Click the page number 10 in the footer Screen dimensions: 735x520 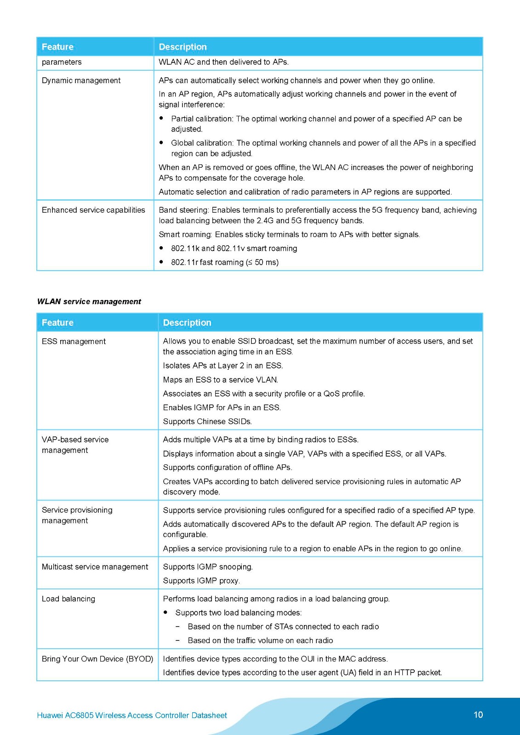click(x=478, y=715)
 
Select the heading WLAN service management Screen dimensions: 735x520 click(x=89, y=302)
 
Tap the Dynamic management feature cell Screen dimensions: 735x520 click(x=81, y=80)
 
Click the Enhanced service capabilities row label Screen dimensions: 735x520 click(x=93, y=210)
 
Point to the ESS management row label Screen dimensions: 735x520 click(x=74, y=341)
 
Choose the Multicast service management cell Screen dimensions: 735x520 click(x=95, y=567)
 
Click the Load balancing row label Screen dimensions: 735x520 click(x=69, y=599)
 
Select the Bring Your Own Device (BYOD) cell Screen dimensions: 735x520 click(x=97, y=659)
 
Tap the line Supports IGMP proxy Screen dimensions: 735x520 click(x=201, y=581)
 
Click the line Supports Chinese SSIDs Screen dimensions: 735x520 click(x=207, y=421)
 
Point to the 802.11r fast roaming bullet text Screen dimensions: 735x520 click(x=225, y=262)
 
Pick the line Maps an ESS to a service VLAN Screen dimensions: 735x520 click(x=221, y=380)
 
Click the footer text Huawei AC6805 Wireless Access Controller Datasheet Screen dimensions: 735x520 click(x=132, y=715)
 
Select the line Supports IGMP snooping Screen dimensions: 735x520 click(x=208, y=567)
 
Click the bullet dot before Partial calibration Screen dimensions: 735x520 click(x=161, y=118)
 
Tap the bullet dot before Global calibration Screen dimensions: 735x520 click(x=161, y=142)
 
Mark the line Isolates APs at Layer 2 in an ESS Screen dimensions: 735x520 click(x=223, y=366)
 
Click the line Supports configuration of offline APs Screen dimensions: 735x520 click(x=228, y=467)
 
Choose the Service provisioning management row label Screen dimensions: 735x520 click(x=77, y=515)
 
